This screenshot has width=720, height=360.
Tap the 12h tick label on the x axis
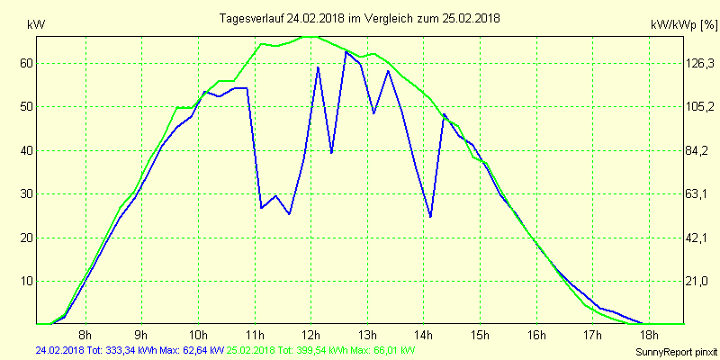tap(311, 337)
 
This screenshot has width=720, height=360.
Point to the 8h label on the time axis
tap(85, 337)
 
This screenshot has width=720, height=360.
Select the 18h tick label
tap(650, 337)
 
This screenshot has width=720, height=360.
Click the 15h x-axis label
tap(481, 337)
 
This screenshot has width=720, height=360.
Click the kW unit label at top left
tap(37, 25)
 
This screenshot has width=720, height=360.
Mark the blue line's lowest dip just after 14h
tap(430, 217)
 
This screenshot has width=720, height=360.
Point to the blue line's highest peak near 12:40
tap(346, 51)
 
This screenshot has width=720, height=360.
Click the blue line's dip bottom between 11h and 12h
tap(289, 214)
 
